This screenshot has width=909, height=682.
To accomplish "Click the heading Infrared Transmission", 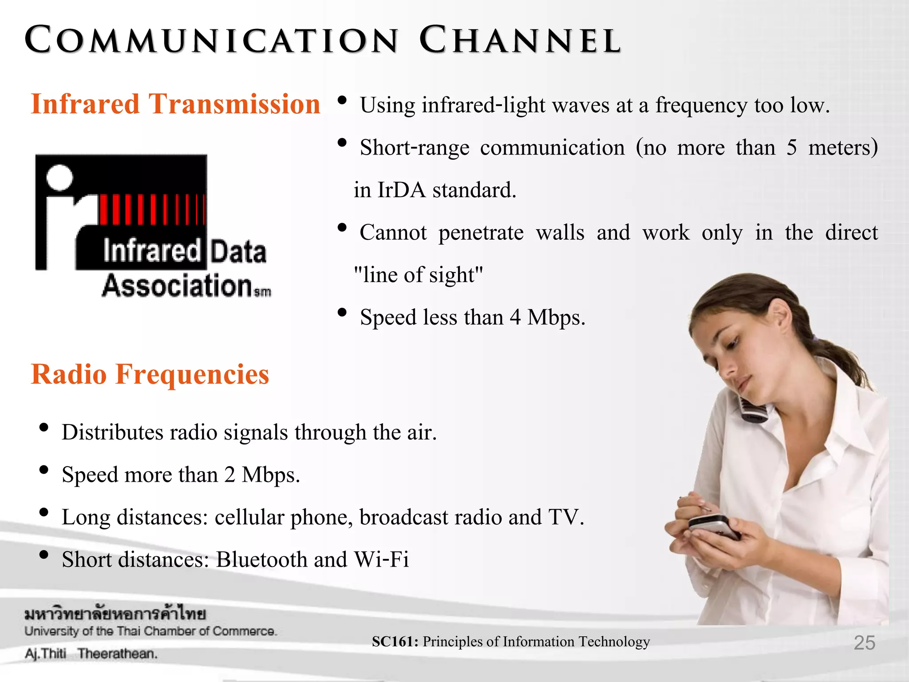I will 175,104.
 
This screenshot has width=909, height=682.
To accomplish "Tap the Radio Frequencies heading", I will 150,374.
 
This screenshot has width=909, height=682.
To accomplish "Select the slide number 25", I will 864,643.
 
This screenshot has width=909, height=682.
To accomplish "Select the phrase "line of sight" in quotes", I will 418,275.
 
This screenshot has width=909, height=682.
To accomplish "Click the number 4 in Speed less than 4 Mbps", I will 515,317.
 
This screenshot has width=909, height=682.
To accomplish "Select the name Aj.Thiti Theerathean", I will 91,654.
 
